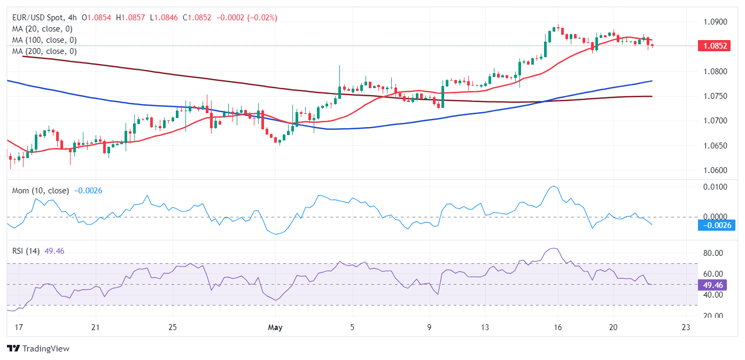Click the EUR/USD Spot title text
pos(37,18)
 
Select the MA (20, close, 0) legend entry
pos(42,29)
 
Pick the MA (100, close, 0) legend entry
pos(44,40)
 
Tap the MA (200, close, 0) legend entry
pos(44,51)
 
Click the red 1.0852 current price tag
pos(716,46)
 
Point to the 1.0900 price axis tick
pos(716,22)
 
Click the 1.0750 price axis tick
pos(716,96)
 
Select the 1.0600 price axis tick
pos(716,170)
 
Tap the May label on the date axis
pos(276,327)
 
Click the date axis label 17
pos(19,327)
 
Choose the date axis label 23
pos(686,327)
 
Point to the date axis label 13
pos(485,327)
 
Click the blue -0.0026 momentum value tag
pos(717,225)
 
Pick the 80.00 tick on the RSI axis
pos(716,253)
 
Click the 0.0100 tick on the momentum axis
pos(716,186)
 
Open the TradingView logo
pos(38,349)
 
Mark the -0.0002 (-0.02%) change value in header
pos(246,18)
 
